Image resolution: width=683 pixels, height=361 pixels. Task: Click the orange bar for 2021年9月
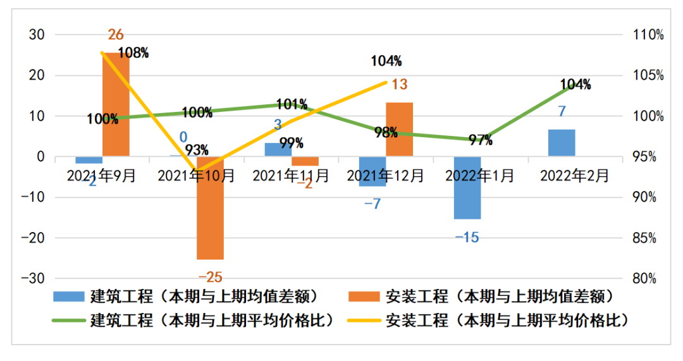116,104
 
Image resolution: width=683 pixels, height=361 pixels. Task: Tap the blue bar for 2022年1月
467,188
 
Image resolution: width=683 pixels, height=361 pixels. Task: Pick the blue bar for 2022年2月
562,143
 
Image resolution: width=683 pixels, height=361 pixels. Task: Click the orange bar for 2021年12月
399,129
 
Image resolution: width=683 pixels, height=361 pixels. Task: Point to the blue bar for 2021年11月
278,150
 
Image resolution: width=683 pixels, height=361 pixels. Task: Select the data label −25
211,277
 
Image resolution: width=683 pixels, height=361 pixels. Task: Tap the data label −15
467,237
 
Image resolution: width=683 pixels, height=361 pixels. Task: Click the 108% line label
133,53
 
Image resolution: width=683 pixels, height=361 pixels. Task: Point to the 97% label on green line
480,140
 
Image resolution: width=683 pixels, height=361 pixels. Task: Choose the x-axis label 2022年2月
575,175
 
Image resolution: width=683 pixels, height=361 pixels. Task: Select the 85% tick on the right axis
649,238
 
